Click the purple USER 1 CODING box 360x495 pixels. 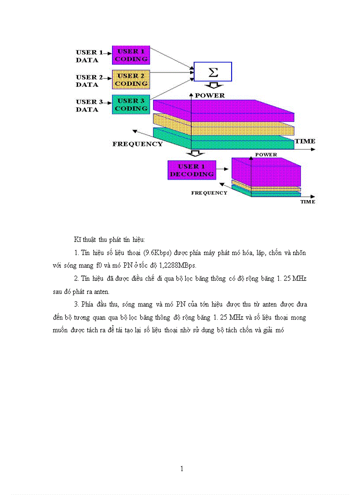pos(131,55)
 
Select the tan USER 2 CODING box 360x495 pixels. pos(131,79)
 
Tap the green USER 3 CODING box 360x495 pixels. pos(131,104)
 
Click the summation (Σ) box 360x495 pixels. pos(213,71)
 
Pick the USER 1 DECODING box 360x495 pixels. pos(192,170)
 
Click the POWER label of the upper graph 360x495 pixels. pos(210,95)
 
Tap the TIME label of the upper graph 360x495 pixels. pos(305,141)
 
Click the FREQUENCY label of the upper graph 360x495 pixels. pos(137,144)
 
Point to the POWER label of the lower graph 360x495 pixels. pos(266,155)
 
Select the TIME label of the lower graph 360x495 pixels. pos(307,202)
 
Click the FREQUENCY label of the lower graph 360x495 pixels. pos(209,193)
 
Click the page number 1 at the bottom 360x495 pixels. pos(182,469)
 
